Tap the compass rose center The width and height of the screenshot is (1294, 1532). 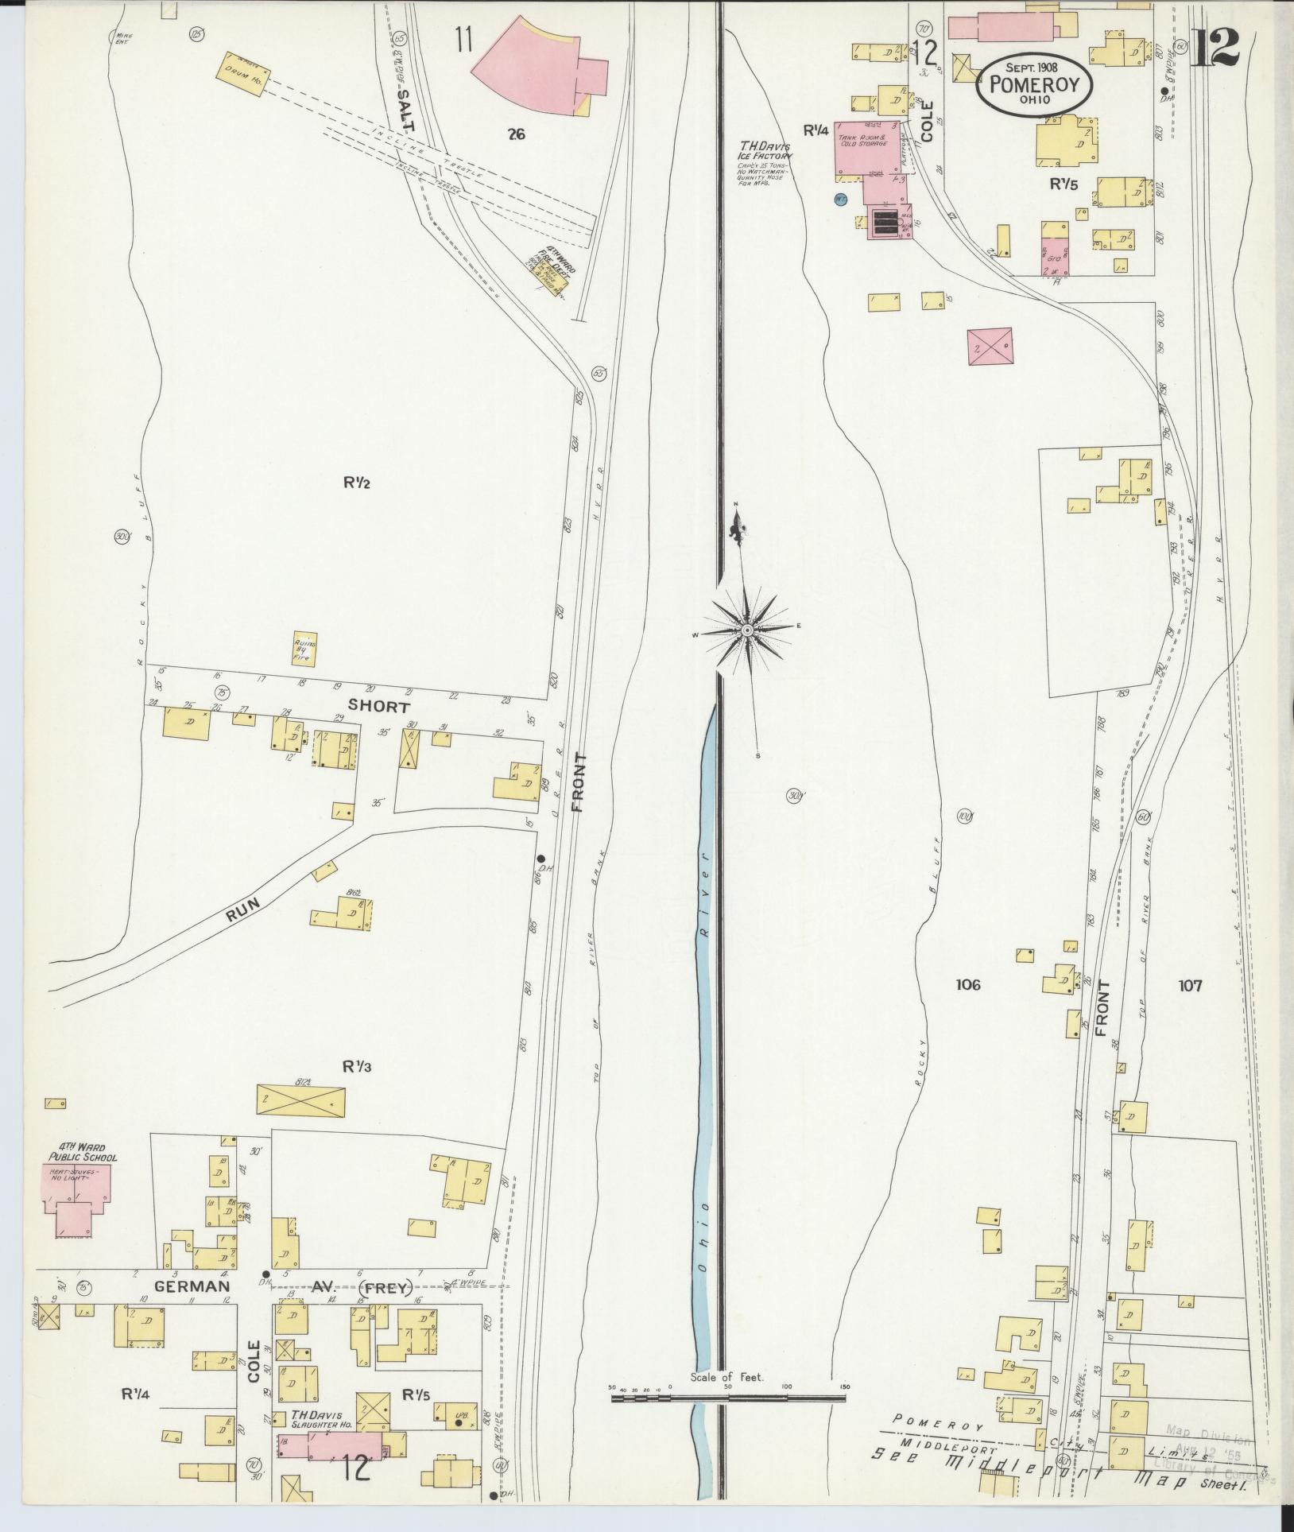[747, 630]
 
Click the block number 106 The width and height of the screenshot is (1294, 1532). [967, 986]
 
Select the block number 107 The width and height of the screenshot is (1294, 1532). [1190, 986]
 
